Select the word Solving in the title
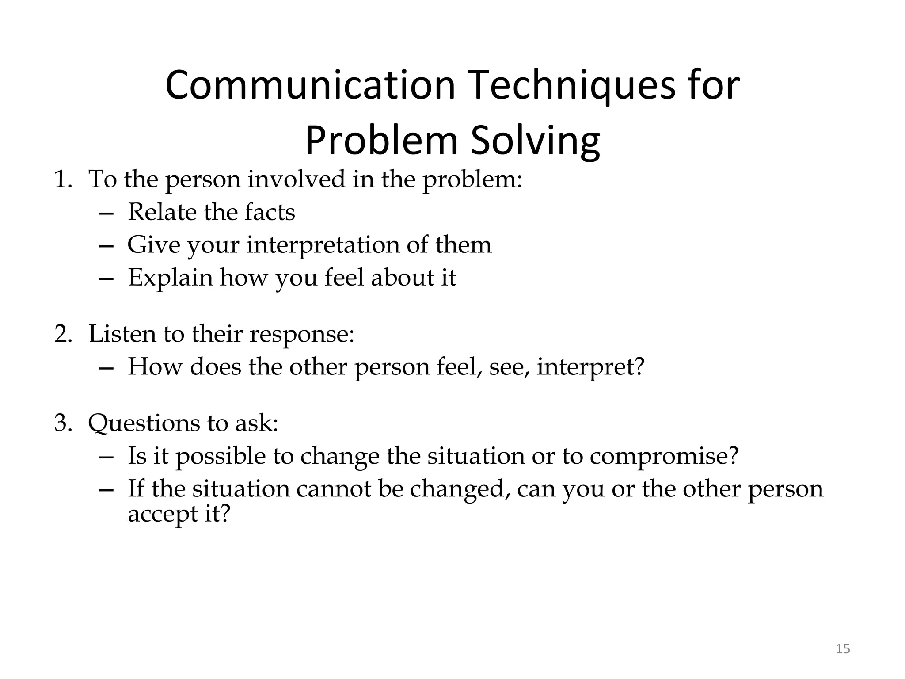535,141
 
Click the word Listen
122,334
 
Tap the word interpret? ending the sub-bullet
591,367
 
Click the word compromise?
664,456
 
